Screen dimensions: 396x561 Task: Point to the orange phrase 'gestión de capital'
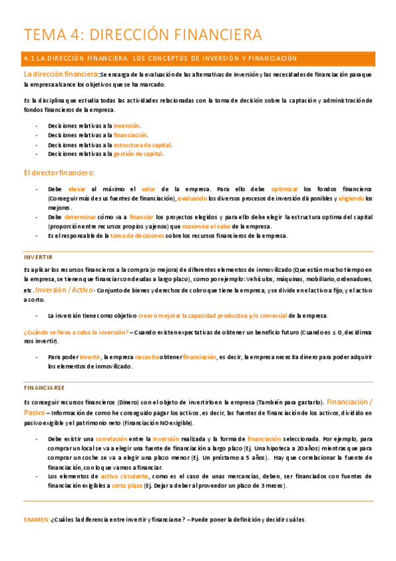tap(138, 153)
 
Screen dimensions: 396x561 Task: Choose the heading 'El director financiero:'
tap(59, 173)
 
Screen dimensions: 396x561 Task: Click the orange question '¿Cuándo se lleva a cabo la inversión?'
tap(75, 332)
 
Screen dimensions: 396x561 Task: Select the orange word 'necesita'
tap(147, 357)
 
